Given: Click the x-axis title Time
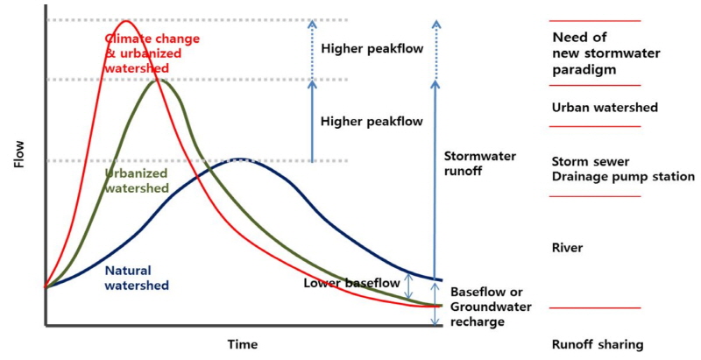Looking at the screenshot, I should (x=242, y=344).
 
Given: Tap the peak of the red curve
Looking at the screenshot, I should (x=126, y=21).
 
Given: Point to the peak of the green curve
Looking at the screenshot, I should (x=158, y=81).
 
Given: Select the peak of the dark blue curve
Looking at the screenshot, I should (x=237, y=159).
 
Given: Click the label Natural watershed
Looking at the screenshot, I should (x=136, y=278).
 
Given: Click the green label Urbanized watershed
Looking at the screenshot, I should (x=136, y=180).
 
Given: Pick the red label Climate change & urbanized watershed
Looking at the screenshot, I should (x=152, y=53).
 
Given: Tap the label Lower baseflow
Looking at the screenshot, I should (x=351, y=283).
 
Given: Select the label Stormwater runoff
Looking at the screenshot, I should (x=479, y=164).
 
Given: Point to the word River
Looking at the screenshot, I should (x=568, y=248).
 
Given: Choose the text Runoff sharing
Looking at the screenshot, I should (x=598, y=344).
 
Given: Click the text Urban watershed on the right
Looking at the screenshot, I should (x=605, y=108).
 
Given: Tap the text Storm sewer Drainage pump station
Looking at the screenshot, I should (x=623, y=168).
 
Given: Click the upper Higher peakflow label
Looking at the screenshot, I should (x=372, y=49).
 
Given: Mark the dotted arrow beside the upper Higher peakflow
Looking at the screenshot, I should (x=310, y=50).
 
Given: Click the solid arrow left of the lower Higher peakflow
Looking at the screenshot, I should (x=310, y=121).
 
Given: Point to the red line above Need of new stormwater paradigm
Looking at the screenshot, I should (x=594, y=20).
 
